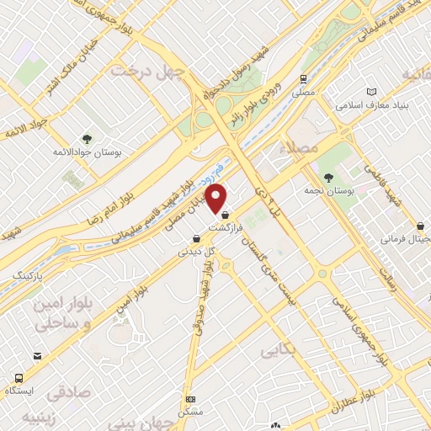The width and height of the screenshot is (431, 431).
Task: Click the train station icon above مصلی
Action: coord(301,80)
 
